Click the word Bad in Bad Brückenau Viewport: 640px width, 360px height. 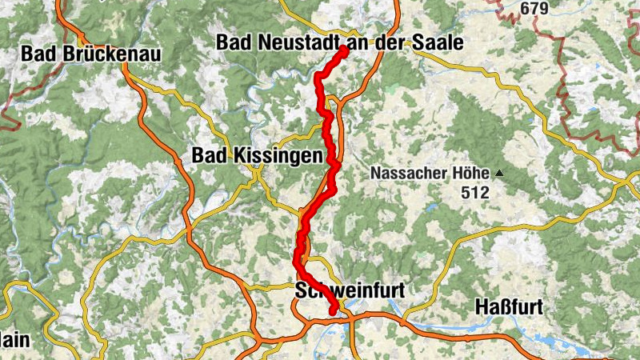tap(38, 54)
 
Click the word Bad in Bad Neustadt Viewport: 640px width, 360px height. tap(234, 43)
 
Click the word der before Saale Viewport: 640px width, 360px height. tap(394, 43)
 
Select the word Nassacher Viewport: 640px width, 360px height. tap(408, 174)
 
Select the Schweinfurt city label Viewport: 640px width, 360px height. tap(350, 290)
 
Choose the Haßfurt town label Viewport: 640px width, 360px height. tap(509, 306)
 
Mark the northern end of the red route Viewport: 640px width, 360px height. tap(344, 50)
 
